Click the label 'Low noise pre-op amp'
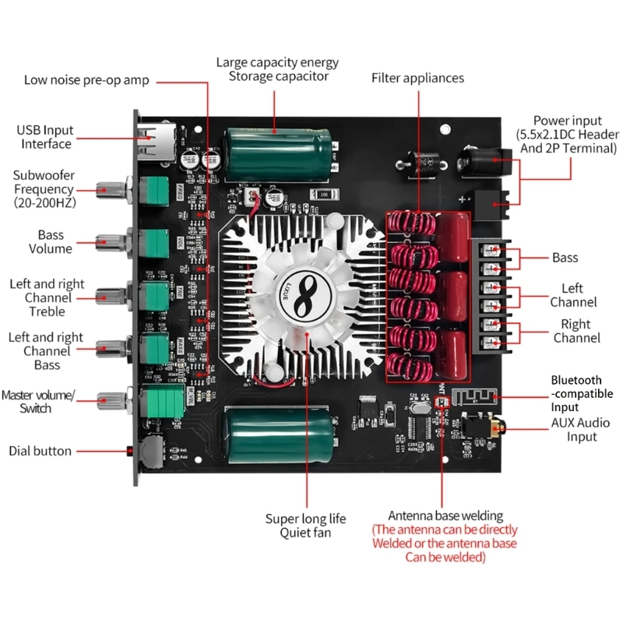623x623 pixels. [86, 80]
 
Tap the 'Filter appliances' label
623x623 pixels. [417, 78]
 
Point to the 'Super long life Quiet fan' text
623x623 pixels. [305, 526]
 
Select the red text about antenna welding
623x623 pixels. [445, 544]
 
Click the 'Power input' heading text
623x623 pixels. [567, 121]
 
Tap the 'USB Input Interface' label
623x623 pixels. [46, 137]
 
